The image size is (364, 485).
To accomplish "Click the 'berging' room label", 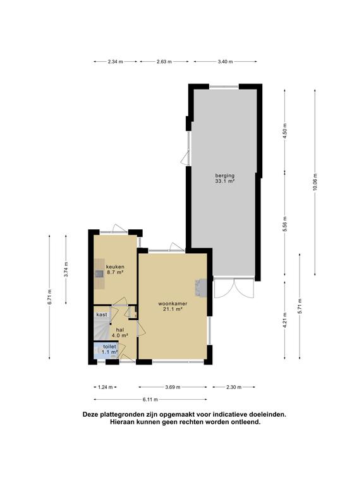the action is [225, 176].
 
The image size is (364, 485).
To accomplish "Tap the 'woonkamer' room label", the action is [173, 303].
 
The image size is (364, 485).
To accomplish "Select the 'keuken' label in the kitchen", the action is [115, 266].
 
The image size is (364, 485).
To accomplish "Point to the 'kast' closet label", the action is [102, 314].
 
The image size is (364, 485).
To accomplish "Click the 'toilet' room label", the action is [109, 347].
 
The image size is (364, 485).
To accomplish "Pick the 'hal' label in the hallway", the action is [120, 330].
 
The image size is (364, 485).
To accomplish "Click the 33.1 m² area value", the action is [225, 182].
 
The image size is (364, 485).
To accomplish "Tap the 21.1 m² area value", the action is [173, 309].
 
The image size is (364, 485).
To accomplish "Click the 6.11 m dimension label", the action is [150, 400].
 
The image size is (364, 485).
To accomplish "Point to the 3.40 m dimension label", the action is [226, 61].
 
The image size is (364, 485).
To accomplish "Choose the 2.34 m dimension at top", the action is [116, 61].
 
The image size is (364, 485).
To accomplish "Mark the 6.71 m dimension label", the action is [49, 297].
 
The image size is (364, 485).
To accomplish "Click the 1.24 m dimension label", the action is [106, 387].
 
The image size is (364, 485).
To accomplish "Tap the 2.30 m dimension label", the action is [234, 387].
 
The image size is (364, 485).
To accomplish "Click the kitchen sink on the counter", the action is [100, 273].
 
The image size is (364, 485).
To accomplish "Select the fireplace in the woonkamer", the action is [200, 288].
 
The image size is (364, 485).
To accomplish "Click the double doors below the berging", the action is [234, 288].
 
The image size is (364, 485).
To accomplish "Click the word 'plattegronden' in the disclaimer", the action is [120, 414].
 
